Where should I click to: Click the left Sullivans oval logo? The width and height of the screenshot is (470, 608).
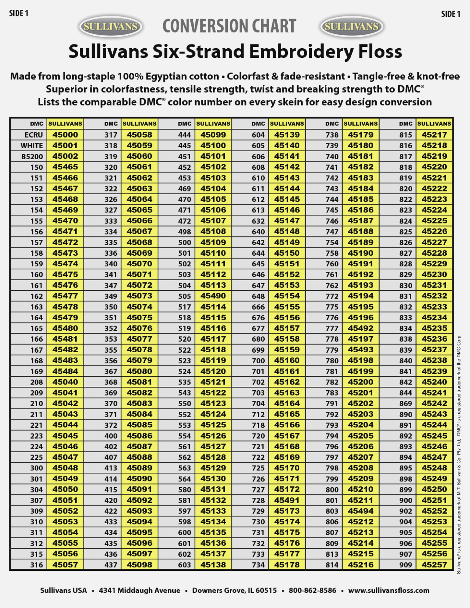coord(111,27)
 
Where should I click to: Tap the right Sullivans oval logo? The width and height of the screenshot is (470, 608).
coord(352,27)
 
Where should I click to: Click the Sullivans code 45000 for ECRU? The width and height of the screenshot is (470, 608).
coord(65,135)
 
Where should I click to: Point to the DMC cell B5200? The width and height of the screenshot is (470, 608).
coord(32,156)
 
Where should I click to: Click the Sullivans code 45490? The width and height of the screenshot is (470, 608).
coord(213,296)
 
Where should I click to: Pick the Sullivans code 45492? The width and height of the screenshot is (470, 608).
coord(360,328)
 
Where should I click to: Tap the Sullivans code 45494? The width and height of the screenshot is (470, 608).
coord(360,511)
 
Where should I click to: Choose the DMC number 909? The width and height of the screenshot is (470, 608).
coord(406,565)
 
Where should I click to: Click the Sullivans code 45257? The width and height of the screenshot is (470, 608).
coord(434,565)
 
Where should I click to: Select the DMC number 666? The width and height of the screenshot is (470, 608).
coord(258,307)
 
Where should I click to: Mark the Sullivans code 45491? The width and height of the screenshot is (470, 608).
coord(287,500)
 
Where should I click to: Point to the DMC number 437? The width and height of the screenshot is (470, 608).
coord(111,565)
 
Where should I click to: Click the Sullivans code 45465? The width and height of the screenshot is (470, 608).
coord(65,167)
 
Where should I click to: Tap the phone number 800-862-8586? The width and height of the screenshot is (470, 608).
coord(313,591)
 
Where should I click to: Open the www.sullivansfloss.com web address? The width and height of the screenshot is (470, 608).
coord(389,591)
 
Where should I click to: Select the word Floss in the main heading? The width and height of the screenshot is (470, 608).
coord(380,51)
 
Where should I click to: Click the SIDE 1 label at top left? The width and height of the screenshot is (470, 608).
coord(19,14)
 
